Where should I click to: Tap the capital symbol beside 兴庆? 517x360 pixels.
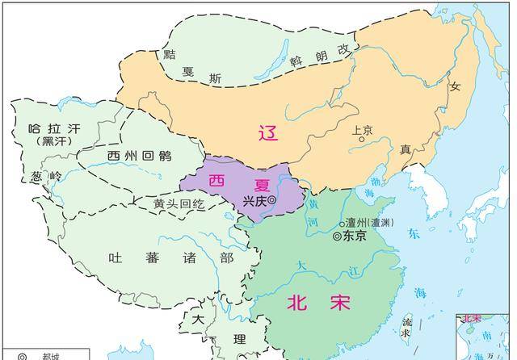coord(272,200)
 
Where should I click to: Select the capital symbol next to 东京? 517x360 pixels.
coord(337,237)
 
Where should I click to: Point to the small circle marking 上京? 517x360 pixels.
coord(363,139)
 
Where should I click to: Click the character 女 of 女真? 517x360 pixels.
coord(455,86)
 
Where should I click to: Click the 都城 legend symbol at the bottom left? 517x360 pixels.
coord(23,356)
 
